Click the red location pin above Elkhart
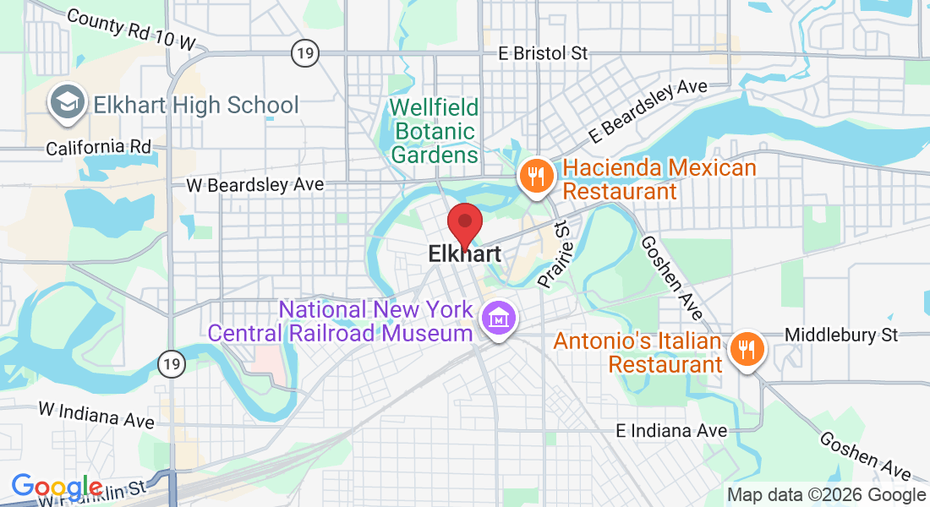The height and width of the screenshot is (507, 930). [464, 222]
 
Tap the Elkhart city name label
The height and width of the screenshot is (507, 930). [464, 253]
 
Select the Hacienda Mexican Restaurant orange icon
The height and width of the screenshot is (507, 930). [535, 176]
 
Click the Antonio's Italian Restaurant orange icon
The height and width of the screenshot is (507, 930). [745, 348]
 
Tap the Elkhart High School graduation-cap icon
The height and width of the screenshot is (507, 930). [65, 102]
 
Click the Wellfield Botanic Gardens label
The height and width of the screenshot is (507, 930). [435, 131]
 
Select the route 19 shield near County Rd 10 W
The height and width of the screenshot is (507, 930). [304, 53]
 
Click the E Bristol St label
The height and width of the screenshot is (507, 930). [543, 53]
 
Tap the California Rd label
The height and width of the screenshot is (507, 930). [98, 147]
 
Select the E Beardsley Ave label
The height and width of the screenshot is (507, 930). [648, 111]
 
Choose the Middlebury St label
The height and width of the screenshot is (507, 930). [841, 335]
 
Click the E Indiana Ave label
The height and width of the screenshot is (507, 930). [671, 431]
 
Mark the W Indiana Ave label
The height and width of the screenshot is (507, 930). [96, 414]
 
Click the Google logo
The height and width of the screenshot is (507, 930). [57, 488]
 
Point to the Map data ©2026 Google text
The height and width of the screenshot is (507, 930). [827, 495]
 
